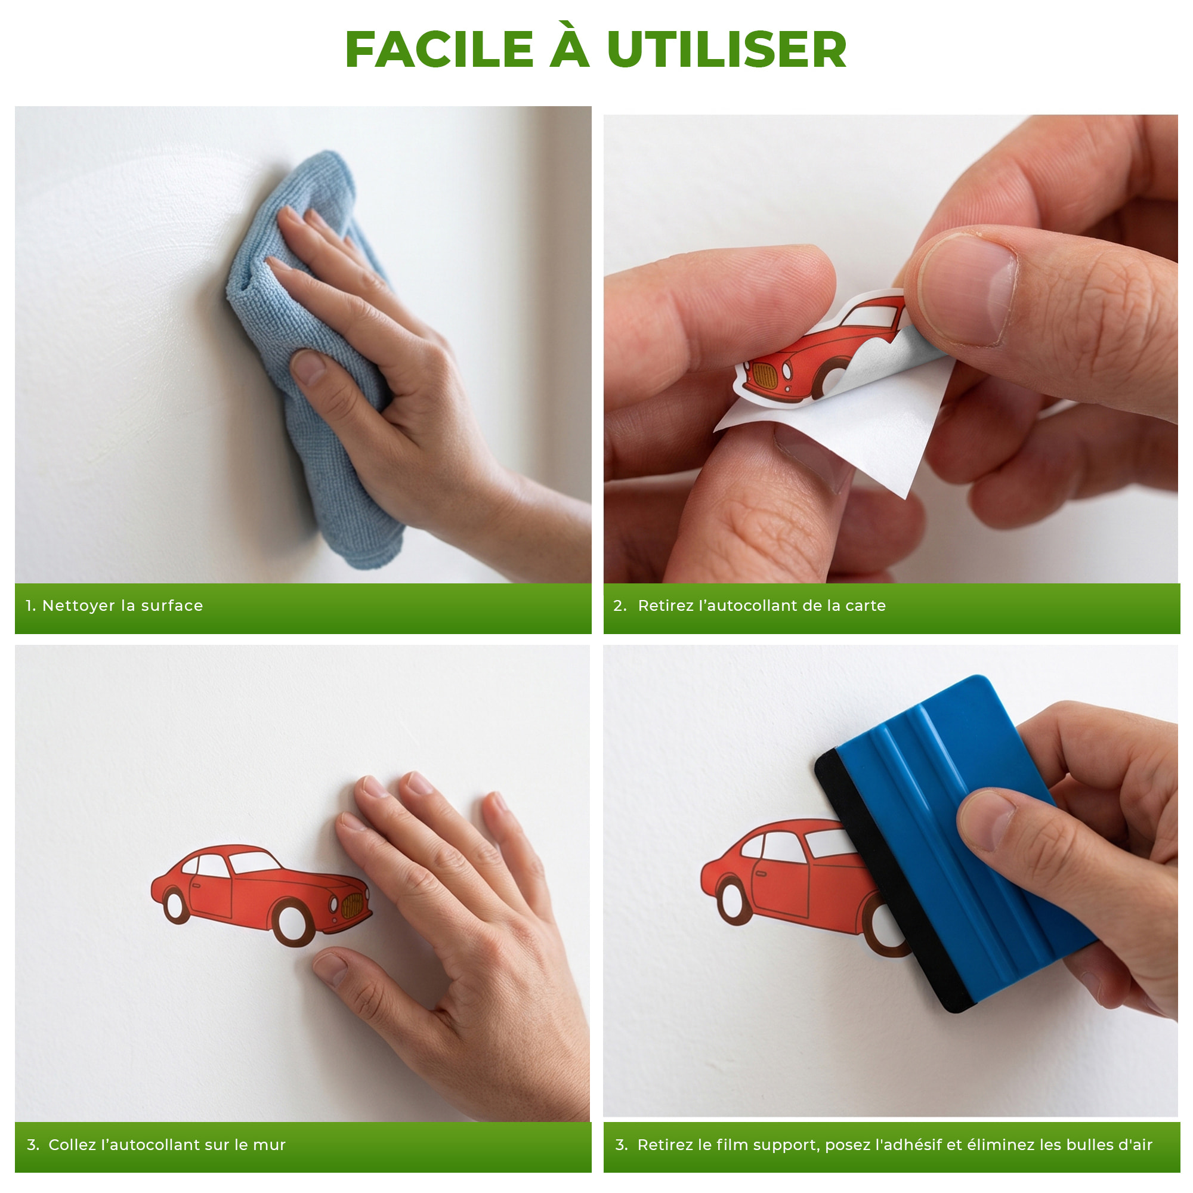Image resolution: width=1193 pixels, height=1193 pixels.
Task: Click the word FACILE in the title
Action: coord(439,50)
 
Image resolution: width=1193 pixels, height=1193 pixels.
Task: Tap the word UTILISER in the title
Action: coord(727,50)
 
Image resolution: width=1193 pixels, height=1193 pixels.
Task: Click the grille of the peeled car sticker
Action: coord(765,375)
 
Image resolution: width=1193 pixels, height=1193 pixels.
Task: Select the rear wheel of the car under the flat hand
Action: coord(175,905)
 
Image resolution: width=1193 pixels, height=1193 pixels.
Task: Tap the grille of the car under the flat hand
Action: coord(353,905)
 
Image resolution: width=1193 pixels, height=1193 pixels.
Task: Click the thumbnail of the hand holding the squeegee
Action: coord(986,820)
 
